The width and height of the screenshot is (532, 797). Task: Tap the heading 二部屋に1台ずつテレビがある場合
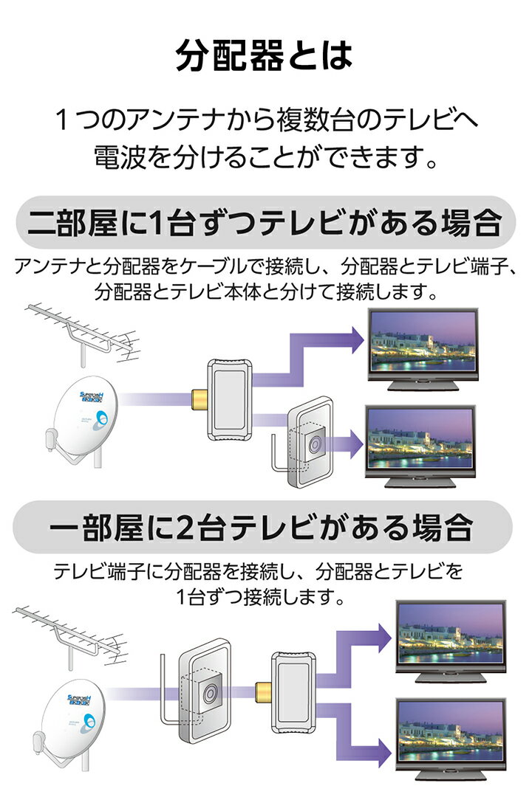pyautogui.click(x=265, y=223)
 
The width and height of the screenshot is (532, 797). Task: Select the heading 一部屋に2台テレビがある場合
pyautogui.click(x=262, y=527)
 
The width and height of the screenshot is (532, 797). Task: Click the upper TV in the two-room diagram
pyautogui.click(x=423, y=348)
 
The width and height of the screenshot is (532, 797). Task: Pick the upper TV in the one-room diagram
pyautogui.click(x=451, y=641)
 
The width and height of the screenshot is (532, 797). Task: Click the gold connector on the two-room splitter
pyautogui.click(x=199, y=400)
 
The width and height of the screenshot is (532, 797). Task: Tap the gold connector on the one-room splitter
pyautogui.click(x=263, y=693)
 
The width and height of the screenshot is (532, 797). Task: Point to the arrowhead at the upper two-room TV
pyautogui.click(x=356, y=339)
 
